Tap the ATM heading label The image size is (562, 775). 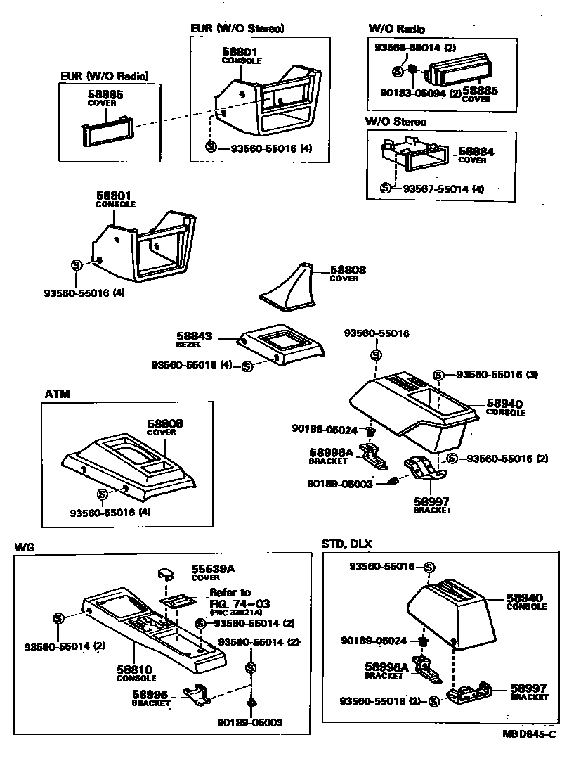click(57, 395)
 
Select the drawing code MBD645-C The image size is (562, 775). click(529, 734)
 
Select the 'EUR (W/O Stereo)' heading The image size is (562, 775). click(237, 29)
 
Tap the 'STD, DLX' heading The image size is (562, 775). click(346, 544)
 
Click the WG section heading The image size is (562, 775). click(24, 546)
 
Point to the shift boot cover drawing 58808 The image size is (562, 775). click(289, 288)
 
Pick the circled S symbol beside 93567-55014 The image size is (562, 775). click(385, 188)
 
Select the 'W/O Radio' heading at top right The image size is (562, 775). click(396, 29)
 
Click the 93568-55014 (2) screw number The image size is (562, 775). click(405, 48)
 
